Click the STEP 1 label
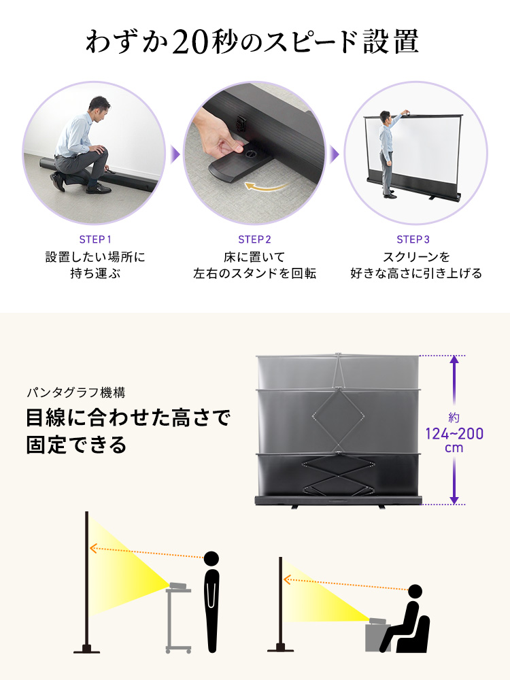[x=95, y=239]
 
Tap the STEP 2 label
[x=254, y=239]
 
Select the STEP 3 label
[x=413, y=239]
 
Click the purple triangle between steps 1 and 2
[x=175, y=154]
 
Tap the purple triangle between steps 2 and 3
[x=334, y=154]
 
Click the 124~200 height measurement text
[x=454, y=433]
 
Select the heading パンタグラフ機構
[x=76, y=392]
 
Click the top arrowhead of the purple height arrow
[x=454, y=360]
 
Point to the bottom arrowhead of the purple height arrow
[x=454, y=500]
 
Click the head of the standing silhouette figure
[x=211, y=559]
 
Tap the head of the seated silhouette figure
[x=415, y=592]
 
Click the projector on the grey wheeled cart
[x=179, y=586]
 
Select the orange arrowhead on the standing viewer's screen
[x=92, y=548]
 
